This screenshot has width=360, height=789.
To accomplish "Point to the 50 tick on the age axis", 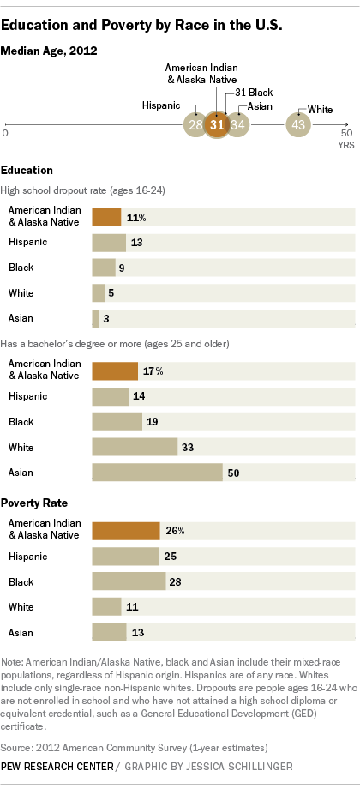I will coord(345,134).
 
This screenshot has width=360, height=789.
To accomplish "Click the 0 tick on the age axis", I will coord(6,134).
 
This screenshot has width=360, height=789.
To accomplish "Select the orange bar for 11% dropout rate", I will coord(106,217).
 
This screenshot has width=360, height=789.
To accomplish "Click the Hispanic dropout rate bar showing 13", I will coord(109,242).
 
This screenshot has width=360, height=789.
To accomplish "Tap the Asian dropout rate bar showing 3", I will coord(95,318).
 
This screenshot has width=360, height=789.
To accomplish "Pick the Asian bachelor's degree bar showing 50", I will coord(156,473).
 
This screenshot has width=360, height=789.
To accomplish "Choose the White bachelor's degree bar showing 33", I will coord(135,447).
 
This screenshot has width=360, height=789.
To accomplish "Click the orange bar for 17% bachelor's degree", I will coord(115,370).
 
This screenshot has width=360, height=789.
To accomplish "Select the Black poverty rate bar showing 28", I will coord(129,581).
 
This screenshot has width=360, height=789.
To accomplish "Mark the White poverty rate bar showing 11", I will coord(106,607).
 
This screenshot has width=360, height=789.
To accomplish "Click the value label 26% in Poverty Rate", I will coord(175,531).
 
